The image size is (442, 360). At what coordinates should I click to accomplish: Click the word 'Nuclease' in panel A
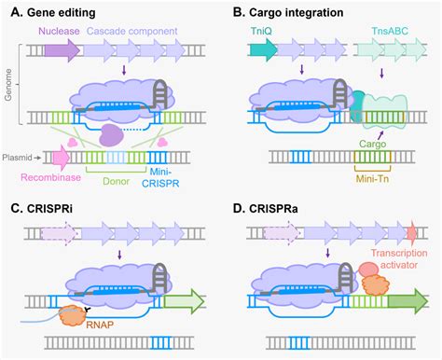coord(59,32)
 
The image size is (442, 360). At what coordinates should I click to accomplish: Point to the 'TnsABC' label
coord(386,32)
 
